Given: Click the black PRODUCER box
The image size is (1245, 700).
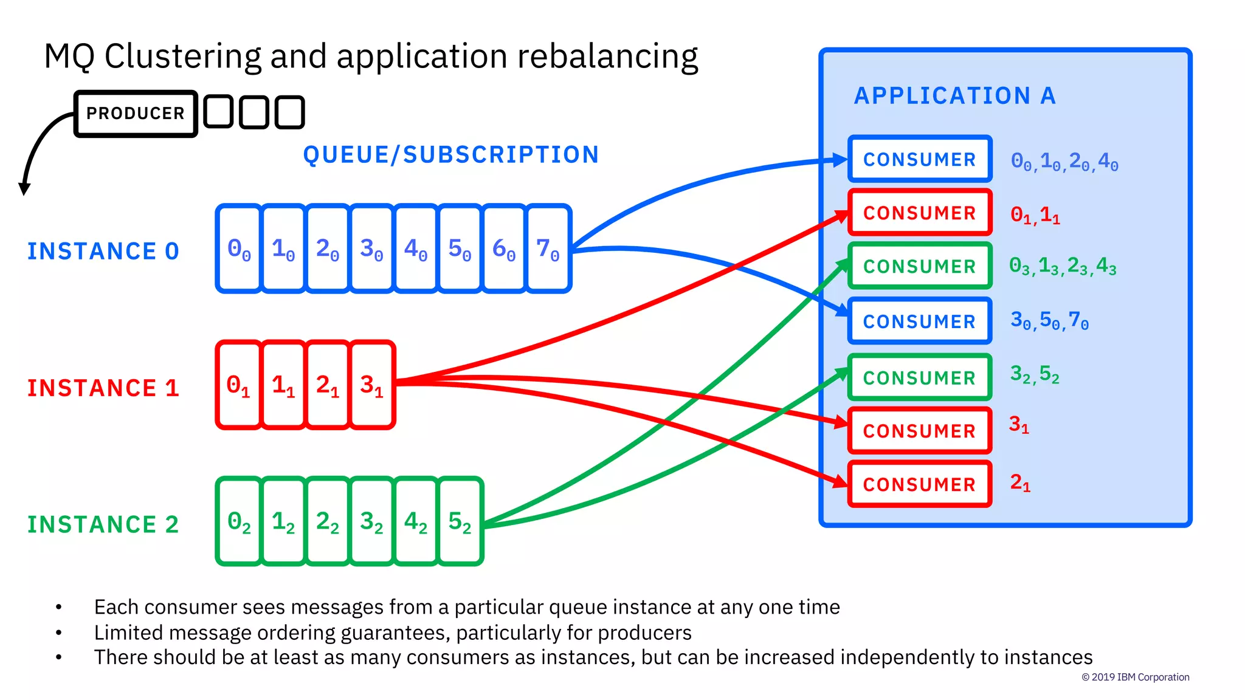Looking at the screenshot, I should pos(136,114).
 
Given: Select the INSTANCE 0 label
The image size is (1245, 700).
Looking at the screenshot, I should pos(103,251).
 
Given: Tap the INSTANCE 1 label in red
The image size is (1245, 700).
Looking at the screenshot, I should pos(103,388).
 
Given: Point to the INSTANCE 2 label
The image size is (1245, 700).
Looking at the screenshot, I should pos(103,524).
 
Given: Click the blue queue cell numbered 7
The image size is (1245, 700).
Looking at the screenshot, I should pos(548,249).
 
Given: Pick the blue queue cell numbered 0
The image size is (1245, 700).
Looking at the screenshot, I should pos(239,249).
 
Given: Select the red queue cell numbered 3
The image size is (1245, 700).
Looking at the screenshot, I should pos(371,385).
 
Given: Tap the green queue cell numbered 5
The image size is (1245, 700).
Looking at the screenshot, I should pos(460,521).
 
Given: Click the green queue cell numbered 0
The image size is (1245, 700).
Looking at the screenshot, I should pos(239,521).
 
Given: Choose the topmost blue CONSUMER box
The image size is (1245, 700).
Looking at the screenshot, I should pos(920,159).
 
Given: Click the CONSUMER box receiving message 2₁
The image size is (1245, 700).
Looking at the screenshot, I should pos(920,484).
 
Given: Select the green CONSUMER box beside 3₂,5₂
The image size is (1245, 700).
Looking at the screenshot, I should pos(920,377).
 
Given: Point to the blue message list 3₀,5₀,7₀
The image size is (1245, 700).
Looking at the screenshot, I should pos(1049,320).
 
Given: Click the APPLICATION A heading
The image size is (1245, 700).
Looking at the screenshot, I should pos(954,96).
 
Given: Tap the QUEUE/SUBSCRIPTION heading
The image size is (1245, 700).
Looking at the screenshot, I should pos(451,155).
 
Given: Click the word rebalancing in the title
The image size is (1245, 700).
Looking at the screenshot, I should pos(607,57).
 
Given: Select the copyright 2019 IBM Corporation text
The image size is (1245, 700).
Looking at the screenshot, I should pos(1135,677).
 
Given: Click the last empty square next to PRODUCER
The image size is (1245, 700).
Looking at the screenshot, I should pos(289,112).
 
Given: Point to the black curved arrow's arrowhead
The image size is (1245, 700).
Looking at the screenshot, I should pos(24,189).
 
